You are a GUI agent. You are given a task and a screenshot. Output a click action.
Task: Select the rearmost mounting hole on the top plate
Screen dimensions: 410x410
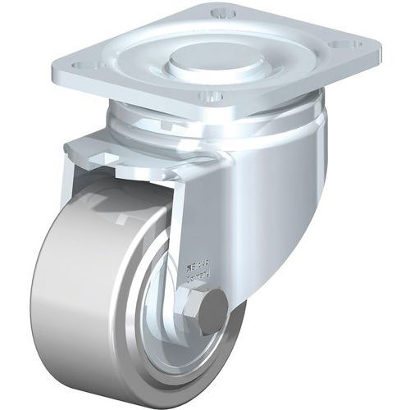[219, 14]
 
